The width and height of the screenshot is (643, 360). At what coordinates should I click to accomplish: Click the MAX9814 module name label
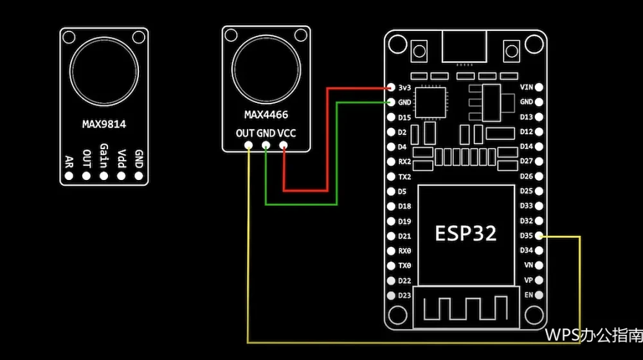(104, 124)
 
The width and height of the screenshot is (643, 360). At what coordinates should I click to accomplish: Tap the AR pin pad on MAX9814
(69, 176)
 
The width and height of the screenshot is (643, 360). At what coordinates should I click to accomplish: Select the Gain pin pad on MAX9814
(104, 176)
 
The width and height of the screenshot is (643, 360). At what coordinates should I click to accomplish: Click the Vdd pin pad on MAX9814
(121, 176)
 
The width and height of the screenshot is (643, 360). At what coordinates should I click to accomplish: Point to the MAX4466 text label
(266, 115)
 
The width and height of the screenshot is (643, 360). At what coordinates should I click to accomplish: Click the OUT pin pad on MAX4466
(248, 145)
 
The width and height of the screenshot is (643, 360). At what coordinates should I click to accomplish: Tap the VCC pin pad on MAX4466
(283, 145)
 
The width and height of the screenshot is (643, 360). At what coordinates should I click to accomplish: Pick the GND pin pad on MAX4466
(266, 145)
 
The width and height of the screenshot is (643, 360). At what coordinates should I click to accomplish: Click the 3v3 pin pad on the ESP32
(391, 87)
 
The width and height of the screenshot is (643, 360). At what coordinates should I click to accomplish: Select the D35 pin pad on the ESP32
(539, 236)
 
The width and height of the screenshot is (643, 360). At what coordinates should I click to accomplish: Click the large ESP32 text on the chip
(466, 233)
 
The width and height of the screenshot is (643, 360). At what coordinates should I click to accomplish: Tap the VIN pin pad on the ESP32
(539, 87)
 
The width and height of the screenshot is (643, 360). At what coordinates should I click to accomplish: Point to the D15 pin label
(404, 118)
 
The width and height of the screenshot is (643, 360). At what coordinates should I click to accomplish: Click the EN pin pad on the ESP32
(539, 295)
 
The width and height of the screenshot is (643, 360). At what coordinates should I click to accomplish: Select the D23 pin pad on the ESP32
(391, 295)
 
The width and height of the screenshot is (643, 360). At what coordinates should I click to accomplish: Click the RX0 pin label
(404, 251)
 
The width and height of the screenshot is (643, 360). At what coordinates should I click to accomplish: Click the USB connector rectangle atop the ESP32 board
(464, 47)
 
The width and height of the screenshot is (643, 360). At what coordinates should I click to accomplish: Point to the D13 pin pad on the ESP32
(539, 117)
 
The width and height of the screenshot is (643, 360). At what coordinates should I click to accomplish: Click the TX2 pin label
(404, 177)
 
